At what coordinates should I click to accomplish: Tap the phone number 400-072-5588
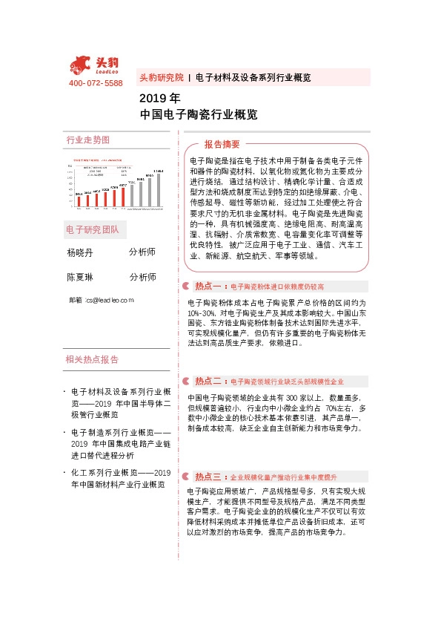pos(95,83)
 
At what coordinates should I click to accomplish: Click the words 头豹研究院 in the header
pos(161,77)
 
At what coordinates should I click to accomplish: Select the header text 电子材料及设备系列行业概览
pos(253,77)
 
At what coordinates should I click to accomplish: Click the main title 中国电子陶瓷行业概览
pos(199,115)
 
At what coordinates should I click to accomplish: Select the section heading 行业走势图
pos(87,140)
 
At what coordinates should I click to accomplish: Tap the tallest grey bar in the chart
pos(158,189)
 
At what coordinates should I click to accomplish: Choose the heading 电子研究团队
pos(92,229)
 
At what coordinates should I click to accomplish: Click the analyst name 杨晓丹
pos(80,252)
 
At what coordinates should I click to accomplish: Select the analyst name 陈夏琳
pos(80,277)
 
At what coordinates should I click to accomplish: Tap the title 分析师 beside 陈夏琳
pos(142,277)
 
